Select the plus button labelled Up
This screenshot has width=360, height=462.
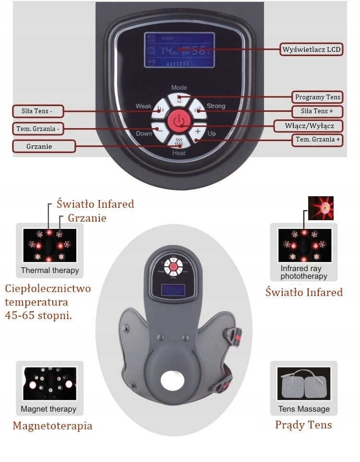[197, 131]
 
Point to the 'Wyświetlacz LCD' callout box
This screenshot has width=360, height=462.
[312, 49]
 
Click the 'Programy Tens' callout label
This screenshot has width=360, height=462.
[317, 97]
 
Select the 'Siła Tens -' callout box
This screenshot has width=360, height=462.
[37, 111]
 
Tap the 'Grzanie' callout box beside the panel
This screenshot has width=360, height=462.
[44, 146]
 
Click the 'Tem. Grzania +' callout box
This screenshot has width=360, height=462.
[317, 140]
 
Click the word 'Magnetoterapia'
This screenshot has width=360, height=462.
[52, 426]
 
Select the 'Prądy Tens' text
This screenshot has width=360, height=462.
[303, 425]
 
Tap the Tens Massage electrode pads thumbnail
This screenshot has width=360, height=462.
[304, 384]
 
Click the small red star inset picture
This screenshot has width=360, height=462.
[321, 208]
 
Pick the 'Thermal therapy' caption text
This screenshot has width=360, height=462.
[50, 270]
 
